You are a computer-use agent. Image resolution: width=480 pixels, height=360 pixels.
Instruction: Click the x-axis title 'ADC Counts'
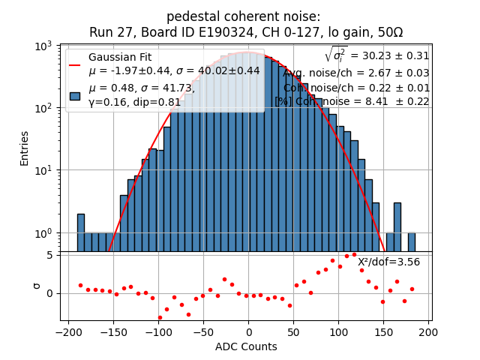click(246, 346)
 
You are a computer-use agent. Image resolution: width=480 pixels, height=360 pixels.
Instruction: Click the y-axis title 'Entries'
click(25, 148)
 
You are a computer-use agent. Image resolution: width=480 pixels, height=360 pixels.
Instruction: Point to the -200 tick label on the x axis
click(68, 332)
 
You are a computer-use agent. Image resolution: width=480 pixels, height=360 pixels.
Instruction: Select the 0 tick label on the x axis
click(249, 332)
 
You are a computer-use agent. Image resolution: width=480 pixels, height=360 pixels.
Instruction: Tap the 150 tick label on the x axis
click(384, 332)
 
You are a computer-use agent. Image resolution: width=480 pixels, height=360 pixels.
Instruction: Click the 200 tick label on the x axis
click(429, 332)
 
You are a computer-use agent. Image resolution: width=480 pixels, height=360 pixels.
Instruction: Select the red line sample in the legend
click(75, 64)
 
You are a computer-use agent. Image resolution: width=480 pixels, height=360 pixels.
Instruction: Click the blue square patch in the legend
click(75, 96)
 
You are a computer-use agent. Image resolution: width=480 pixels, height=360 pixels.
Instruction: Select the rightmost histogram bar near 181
click(411, 241)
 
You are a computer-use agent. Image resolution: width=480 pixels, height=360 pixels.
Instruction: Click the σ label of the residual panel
click(25, 286)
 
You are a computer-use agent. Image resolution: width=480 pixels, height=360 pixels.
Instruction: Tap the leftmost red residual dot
click(80, 285)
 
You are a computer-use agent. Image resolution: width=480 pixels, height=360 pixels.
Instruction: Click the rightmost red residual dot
click(412, 289)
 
